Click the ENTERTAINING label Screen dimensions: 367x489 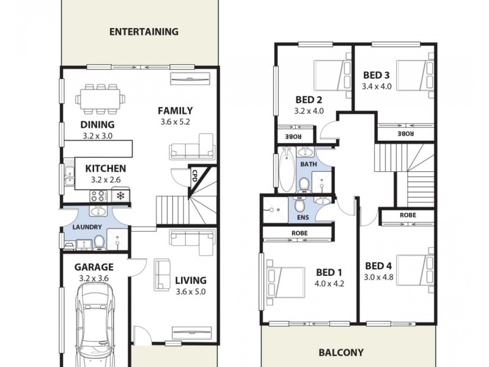pyautogui.click(x=144, y=32)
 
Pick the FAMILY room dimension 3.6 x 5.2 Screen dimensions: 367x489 pyautogui.click(x=175, y=122)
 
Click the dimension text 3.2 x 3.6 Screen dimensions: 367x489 pyautogui.click(x=94, y=278)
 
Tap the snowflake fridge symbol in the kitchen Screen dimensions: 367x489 pyautogui.click(x=120, y=196)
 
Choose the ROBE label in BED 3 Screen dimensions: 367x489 pyautogui.click(x=406, y=133)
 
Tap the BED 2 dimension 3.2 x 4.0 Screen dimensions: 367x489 pyautogui.click(x=309, y=111)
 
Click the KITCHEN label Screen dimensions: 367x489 pyautogui.click(x=106, y=168)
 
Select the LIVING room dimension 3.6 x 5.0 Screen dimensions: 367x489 pyautogui.click(x=191, y=292)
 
